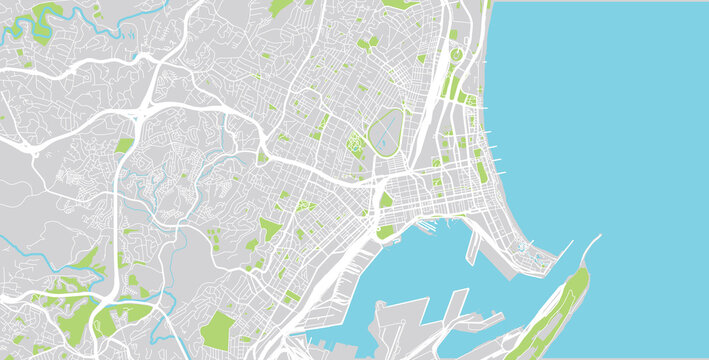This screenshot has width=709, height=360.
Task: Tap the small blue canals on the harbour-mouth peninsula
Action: click(x=541, y=259)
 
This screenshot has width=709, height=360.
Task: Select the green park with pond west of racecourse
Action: click(x=356, y=147)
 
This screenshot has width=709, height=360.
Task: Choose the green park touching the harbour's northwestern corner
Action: click(x=386, y=231)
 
